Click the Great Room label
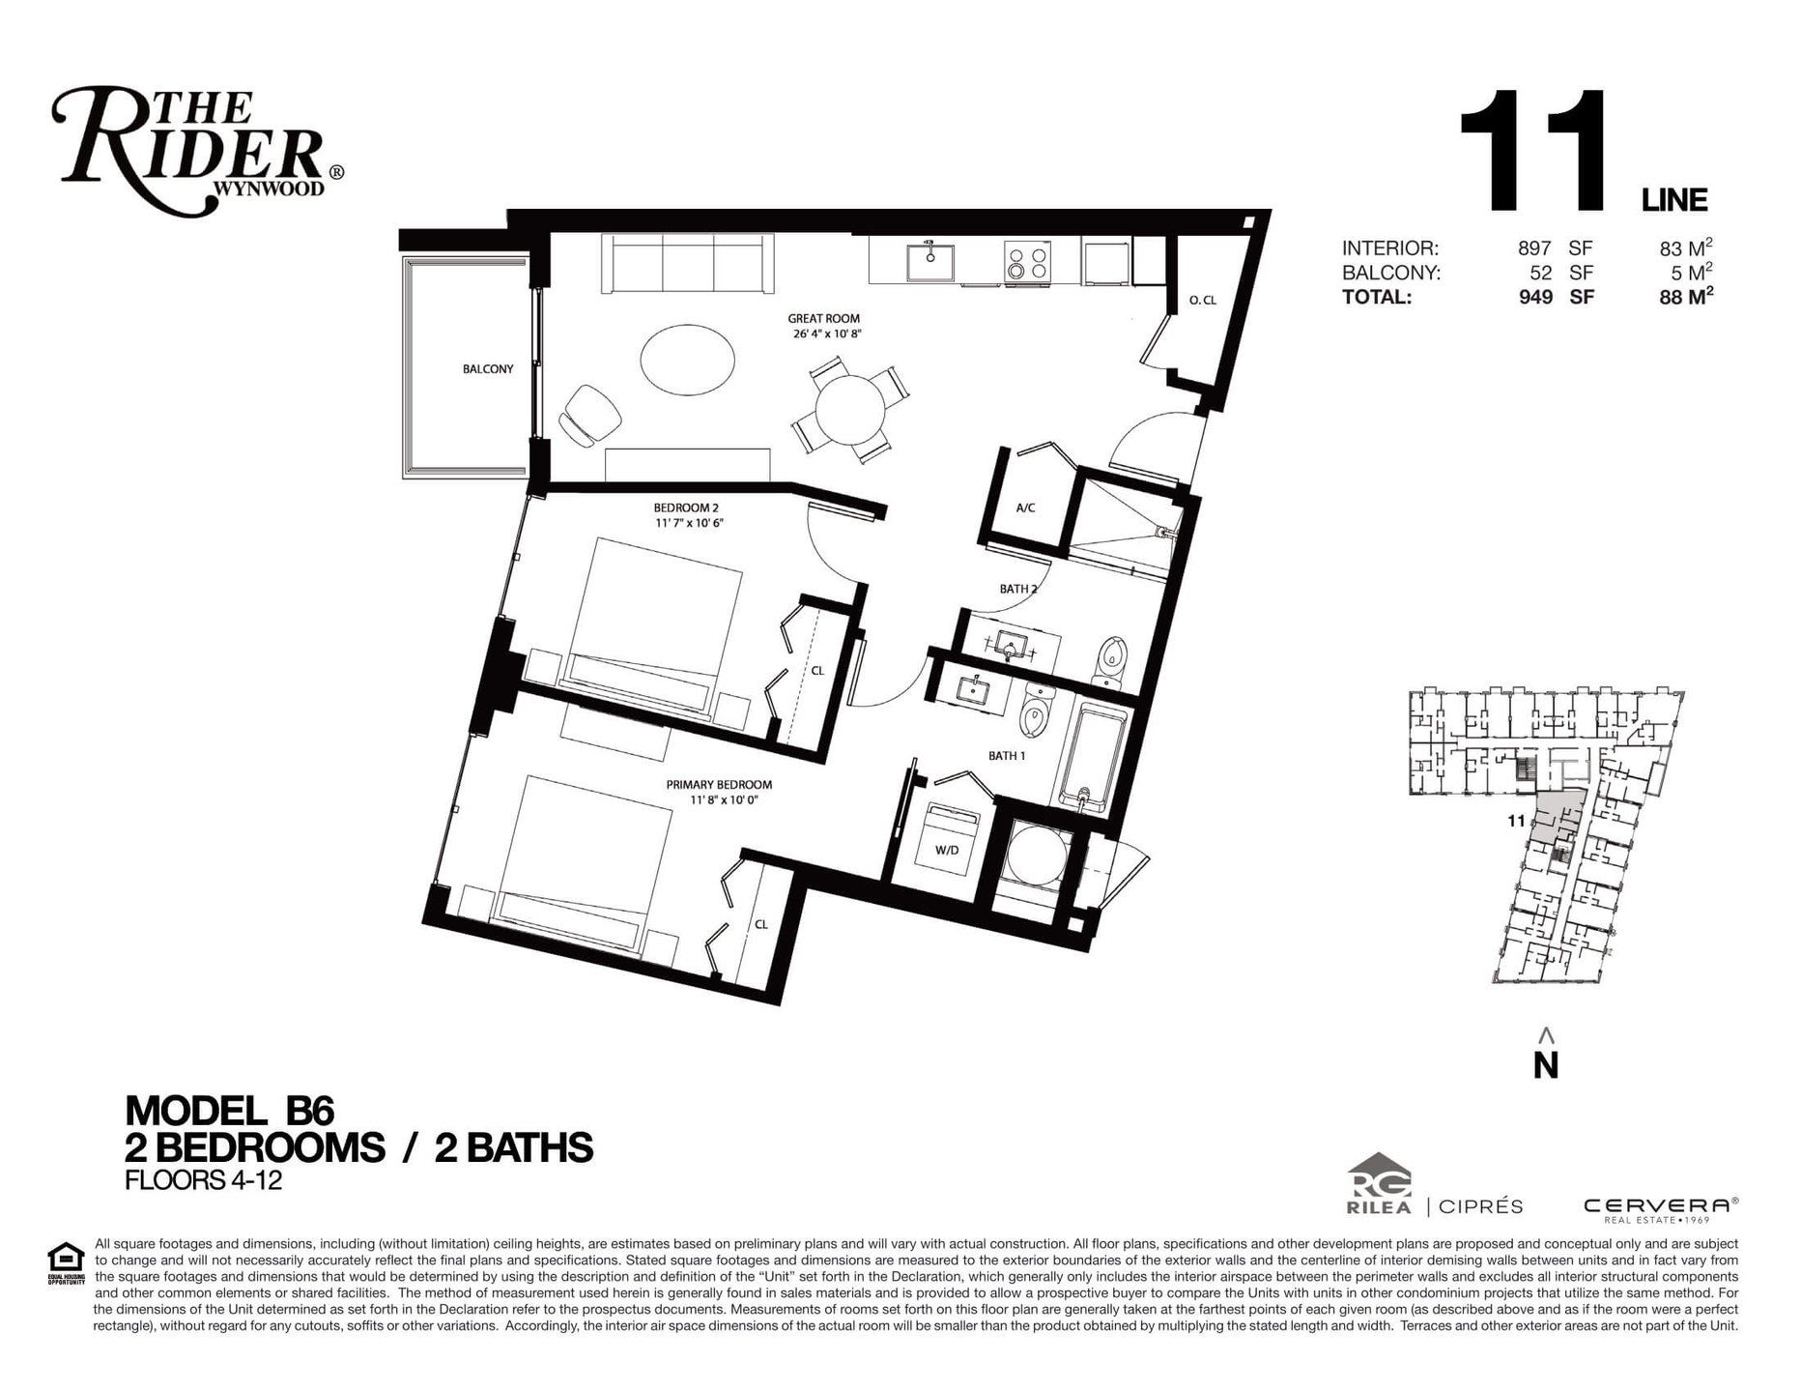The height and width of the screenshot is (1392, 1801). pyautogui.click(x=823, y=318)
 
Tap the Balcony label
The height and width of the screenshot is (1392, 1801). pyautogui.click(x=488, y=368)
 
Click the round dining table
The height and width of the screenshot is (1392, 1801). pyautogui.click(x=850, y=409)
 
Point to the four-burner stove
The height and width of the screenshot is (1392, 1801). pyautogui.click(x=1028, y=262)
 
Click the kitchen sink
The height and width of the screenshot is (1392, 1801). pyautogui.click(x=930, y=261)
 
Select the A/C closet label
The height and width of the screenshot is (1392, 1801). pyautogui.click(x=1026, y=507)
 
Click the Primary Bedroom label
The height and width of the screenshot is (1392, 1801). pyautogui.click(x=719, y=785)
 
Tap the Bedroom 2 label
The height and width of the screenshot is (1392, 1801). pyautogui.click(x=686, y=507)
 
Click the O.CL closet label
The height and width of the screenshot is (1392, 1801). pyautogui.click(x=1203, y=301)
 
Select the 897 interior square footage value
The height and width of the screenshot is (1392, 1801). pyautogui.click(x=1533, y=247)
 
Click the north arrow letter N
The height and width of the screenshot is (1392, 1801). pyautogui.click(x=1546, y=1064)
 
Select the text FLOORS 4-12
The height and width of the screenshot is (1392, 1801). pyautogui.click(x=204, y=1180)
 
